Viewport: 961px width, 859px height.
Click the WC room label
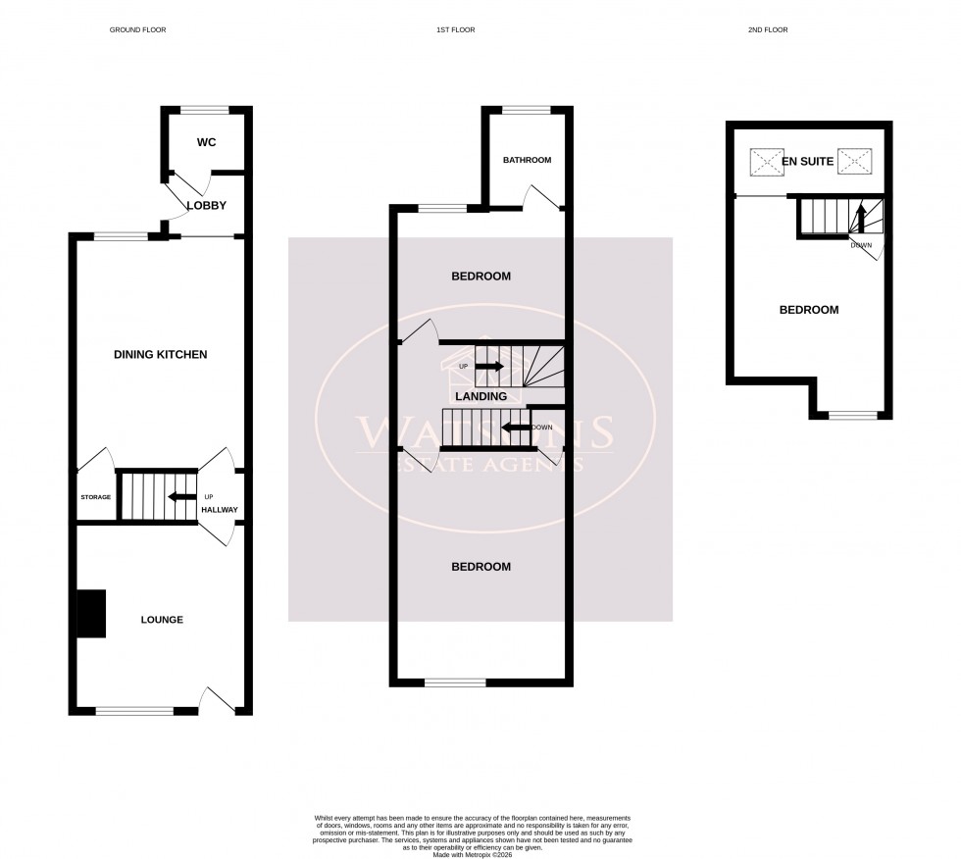(206, 142)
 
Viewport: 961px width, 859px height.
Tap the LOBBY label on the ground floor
(207, 206)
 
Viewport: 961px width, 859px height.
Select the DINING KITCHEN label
(161, 354)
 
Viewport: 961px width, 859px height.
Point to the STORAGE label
(96, 497)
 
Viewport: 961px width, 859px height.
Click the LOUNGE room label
(162, 620)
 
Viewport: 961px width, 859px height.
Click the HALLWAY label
(219, 511)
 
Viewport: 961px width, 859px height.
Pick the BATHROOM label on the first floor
(528, 160)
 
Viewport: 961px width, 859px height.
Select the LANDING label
(480, 397)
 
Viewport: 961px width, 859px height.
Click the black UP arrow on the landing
(489, 367)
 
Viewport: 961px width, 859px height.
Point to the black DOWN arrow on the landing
(515, 428)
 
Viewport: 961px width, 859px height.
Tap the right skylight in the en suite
(854, 160)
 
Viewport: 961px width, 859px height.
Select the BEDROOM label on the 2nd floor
(809, 310)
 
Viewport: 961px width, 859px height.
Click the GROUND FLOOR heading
(137, 30)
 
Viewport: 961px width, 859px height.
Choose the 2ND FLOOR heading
(768, 30)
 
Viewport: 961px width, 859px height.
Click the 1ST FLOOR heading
(455, 30)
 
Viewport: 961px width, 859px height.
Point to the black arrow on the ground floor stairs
(181, 496)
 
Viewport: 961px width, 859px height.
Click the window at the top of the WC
(206, 108)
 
